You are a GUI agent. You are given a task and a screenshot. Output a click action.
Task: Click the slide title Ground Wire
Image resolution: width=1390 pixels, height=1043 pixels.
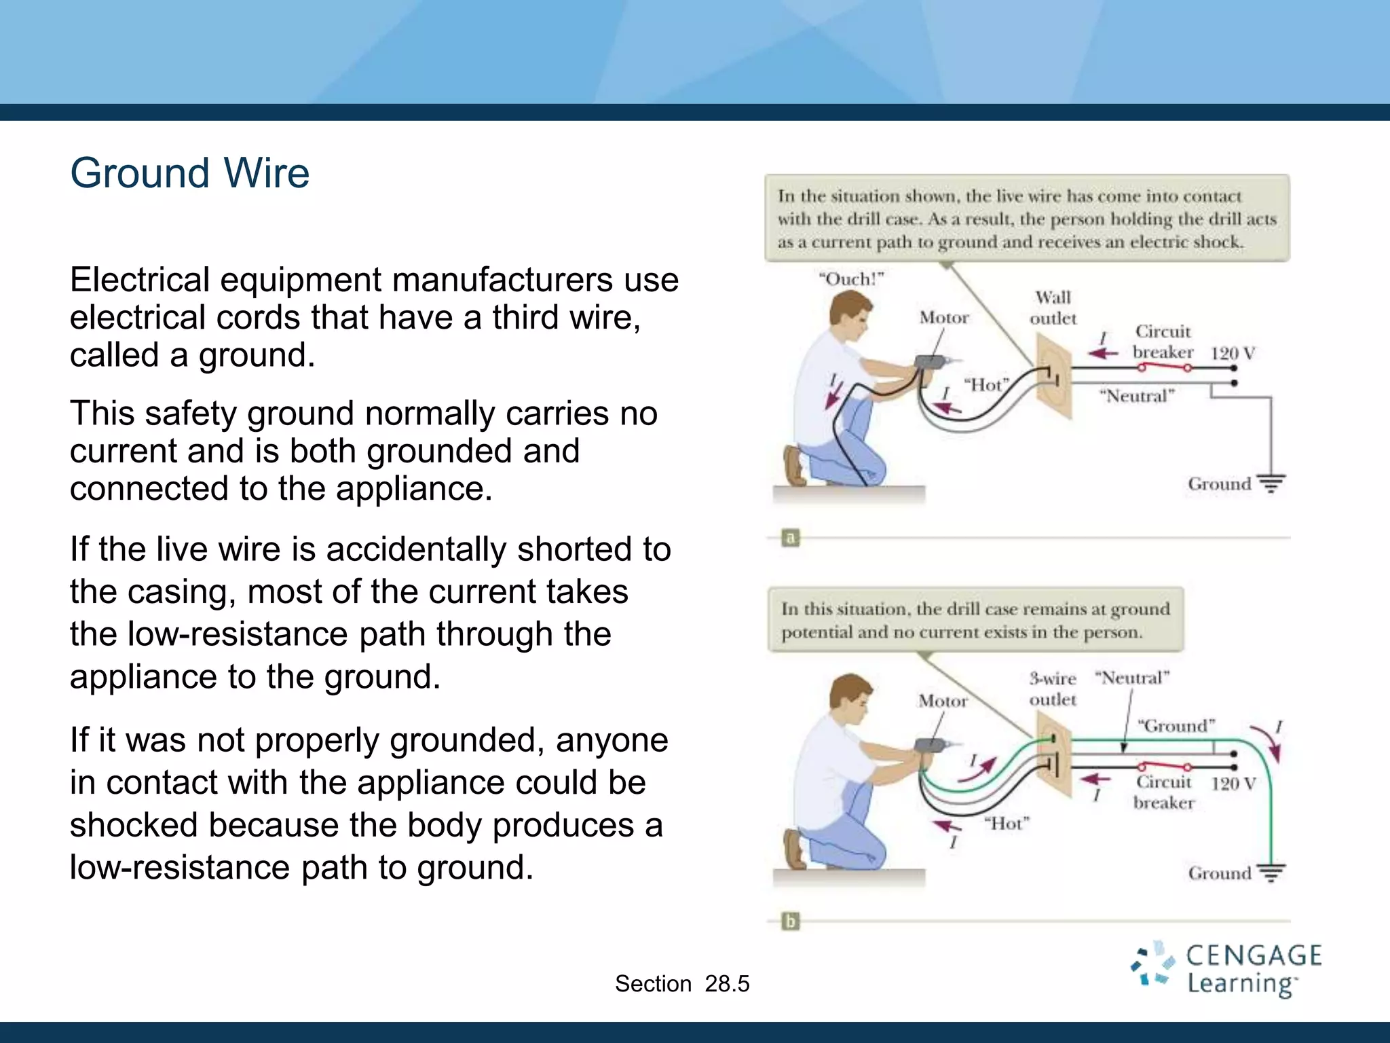pos(190,173)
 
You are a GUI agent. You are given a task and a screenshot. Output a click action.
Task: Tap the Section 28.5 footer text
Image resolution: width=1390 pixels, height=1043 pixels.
pos(681,983)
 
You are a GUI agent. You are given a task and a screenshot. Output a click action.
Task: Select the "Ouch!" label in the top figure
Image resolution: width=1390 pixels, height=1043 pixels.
pos(851,279)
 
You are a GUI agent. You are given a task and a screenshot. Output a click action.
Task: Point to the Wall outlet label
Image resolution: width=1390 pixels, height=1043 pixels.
pos(1053,308)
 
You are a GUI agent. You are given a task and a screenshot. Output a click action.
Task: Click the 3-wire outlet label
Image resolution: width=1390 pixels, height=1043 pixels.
pos(1052,689)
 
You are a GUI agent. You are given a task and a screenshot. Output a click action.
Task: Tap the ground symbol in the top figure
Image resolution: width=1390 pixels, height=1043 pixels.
pos(1271,483)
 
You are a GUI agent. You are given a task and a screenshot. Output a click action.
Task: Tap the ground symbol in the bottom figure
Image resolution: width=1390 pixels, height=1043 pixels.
pos(1271,872)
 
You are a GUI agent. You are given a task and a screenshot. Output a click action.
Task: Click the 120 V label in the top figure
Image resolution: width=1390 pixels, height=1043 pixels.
pos(1233,353)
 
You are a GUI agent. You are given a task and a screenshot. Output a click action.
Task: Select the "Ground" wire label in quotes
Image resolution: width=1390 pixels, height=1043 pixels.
pos(1176,726)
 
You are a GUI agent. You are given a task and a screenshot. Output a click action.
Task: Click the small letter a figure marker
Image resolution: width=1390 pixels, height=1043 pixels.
pos(790,538)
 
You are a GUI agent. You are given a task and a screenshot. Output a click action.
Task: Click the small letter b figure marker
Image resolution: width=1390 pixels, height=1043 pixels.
pos(790,921)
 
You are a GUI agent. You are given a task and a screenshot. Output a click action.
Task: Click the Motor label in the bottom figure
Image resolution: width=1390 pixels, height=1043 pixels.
pos(943,701)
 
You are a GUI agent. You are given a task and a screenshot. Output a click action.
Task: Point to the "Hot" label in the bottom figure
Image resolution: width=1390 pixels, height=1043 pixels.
pos(1007,824)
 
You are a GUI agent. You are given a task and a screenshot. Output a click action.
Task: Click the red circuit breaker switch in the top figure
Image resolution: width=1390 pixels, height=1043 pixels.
pos(1165,367)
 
